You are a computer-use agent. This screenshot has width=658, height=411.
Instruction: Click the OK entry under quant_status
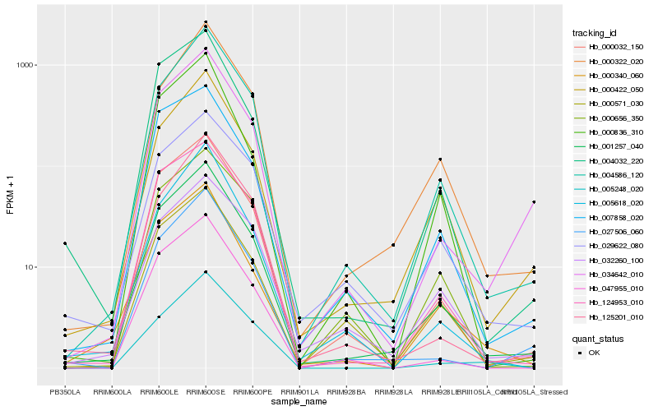point(595,352)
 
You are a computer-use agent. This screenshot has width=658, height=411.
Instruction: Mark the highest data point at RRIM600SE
point(206,22)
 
